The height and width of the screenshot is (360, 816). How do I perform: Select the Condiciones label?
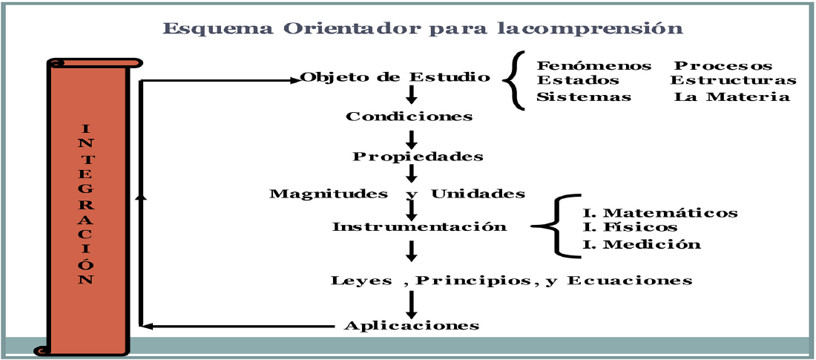(409, 117)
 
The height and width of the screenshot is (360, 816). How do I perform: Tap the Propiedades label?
(418, 157)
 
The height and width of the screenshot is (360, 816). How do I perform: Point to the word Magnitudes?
(328, 194)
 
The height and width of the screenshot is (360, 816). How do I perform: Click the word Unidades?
(478, 194)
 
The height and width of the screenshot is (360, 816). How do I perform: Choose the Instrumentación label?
(419, 227)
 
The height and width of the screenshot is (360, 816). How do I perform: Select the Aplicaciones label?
(412, 326)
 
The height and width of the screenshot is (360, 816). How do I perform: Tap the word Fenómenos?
(594, 66)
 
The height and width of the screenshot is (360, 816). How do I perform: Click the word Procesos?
(723, 66)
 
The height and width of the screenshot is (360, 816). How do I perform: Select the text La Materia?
(731, 97)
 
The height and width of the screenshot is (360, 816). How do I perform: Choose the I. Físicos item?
(631, 227)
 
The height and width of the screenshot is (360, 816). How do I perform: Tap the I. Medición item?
(642, 244)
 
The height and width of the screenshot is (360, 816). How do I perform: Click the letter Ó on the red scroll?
(87, 264)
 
